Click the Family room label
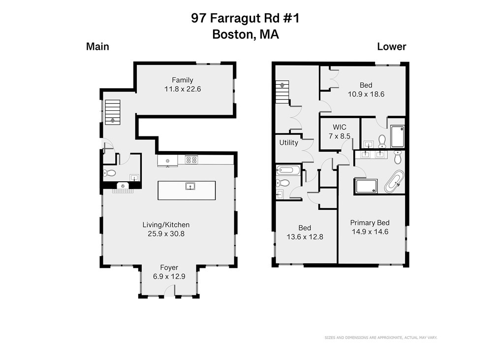click(182, 80)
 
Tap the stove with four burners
click(191, 160)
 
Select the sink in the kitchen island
click(189, 186)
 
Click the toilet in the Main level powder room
click(110, 173)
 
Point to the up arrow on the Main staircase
click(113, 119)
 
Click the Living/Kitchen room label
click(166, 225)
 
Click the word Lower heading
click(391, 47)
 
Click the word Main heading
click(97, 47)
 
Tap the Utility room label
click(288, 143)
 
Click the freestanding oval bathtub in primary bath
click(394, 181)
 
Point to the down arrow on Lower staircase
click(282, 86)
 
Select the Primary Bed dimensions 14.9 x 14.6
click(370, 231)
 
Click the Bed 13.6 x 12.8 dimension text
click(305, 236)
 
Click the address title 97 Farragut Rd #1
click(245, 19)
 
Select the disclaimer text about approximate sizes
click(380, 337)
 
